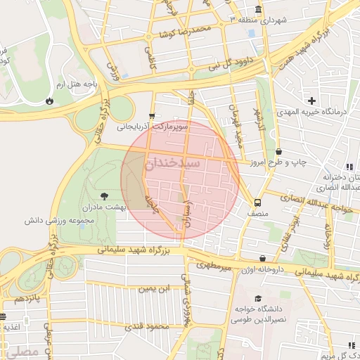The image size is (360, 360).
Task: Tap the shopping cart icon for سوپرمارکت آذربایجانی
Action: [x=152, y=117]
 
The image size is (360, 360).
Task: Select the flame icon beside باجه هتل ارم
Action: [x=49, y=101]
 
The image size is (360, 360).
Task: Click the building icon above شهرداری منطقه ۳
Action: [x=258, y=10]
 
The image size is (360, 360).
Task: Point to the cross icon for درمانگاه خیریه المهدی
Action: [x=311, y=101]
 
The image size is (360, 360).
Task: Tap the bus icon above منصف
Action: [x=257, y=200]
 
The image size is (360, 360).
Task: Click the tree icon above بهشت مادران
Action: [x=104, y=195]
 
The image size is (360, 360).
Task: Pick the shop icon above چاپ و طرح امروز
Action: [x=279, y=151]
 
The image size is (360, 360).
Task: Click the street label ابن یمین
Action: [x=154, y=288]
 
